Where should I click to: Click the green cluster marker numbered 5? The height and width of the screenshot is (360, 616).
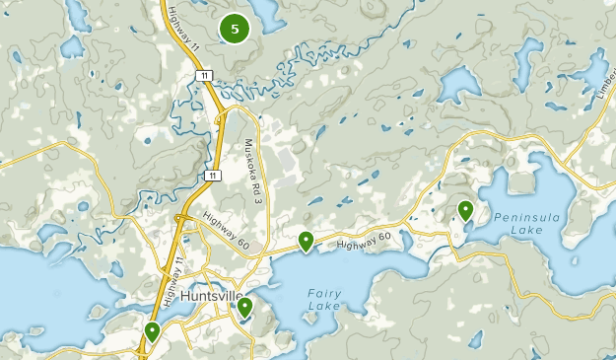[x=235, y=30]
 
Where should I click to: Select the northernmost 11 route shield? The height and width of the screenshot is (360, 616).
[x=202, y=75]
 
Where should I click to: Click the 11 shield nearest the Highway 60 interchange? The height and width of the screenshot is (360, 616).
[x=212, y=175]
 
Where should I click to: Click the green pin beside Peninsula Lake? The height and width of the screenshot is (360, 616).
[x=465, y=210]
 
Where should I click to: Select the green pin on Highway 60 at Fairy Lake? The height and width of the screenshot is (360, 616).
[x=307, y=241]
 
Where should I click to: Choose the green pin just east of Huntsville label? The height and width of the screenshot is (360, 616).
[x=244, y=308]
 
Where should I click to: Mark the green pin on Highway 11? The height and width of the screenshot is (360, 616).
[x=152, y=332]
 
